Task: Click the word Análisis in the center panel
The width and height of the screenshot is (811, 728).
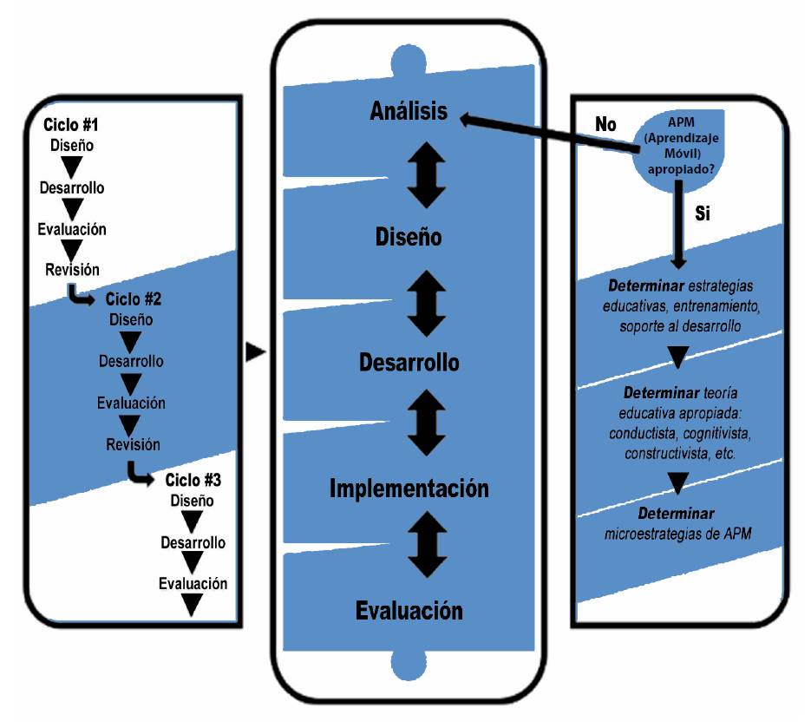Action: [409, 111]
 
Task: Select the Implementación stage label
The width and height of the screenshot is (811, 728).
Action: [409, 489]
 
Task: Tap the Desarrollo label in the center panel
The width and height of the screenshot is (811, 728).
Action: [409, 362]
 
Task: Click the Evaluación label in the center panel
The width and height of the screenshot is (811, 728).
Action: [409, 610]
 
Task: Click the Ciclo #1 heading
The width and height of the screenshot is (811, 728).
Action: [71, 125]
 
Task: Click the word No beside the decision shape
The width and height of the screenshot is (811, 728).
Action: [605, 124]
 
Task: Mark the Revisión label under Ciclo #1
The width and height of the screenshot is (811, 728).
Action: [72, 270]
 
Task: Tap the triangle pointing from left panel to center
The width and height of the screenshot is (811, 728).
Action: [254, 352]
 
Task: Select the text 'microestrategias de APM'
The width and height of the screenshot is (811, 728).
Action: [677, 533]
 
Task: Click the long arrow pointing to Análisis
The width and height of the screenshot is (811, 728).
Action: [555, 135]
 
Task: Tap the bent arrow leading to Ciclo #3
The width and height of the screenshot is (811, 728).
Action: [137, 473]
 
